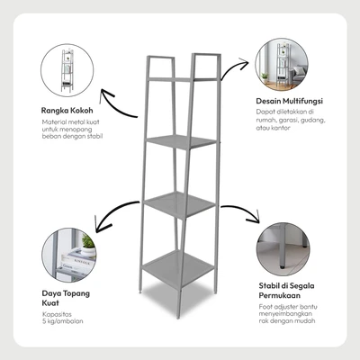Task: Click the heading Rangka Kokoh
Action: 67,111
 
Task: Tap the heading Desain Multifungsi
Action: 289,101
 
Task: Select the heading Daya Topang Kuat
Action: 66,298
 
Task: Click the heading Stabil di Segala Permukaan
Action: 286,291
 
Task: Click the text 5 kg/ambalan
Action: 63,321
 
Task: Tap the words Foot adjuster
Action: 279,307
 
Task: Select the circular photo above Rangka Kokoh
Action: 67,70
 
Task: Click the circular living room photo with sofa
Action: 282,65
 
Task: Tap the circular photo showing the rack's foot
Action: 283,249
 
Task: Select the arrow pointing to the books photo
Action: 113,213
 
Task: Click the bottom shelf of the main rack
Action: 178,268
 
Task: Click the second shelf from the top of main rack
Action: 181,141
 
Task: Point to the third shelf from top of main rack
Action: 179,205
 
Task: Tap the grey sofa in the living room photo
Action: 300,75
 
